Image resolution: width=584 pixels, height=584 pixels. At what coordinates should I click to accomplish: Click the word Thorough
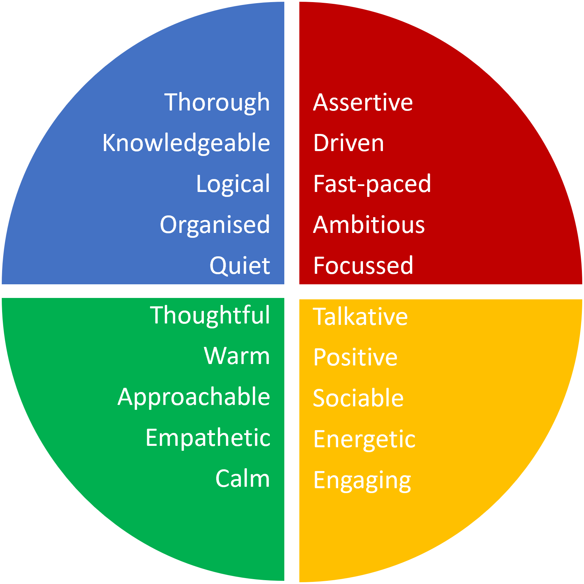[217, 102]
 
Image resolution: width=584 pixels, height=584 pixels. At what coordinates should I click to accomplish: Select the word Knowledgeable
[186, 143]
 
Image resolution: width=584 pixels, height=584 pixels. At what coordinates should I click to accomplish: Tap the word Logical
[233, 184]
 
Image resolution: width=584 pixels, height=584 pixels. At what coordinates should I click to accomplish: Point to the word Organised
[215, 225]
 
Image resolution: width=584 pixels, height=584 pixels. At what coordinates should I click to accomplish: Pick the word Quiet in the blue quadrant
[240, 265]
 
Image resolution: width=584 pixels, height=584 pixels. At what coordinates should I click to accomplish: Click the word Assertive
[363, 102]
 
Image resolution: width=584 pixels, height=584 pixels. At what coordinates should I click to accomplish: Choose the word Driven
[349, 143]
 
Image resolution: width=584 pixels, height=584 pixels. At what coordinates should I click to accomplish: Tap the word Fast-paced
[372, 184]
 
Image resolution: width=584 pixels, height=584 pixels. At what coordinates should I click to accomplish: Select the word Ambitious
[369, 225]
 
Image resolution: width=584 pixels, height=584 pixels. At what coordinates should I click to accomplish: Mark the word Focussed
[363, 265]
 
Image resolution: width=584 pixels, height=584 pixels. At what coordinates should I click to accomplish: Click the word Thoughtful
[210, 315]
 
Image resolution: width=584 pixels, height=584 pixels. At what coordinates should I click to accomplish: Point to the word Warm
[237, 356]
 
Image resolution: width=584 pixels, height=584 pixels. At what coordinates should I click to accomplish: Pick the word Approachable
[194, 397]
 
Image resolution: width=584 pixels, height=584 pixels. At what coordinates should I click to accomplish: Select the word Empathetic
[208, 438]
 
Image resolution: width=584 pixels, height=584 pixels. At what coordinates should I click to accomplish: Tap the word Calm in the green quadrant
[242, 478]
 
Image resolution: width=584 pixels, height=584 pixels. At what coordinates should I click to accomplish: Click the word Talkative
[360, 317]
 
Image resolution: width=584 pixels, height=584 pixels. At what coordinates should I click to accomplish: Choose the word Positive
[355, 357]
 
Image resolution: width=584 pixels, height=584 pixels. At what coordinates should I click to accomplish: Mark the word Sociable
[358, 398]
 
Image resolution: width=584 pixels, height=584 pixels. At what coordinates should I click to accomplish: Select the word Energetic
[364, 439]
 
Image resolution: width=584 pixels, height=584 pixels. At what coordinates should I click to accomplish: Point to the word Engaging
[362, 480]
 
